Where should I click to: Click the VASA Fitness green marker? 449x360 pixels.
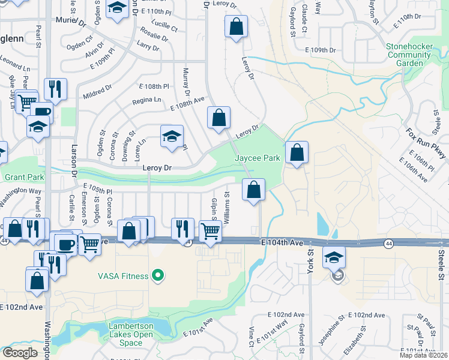(x=158, y=275)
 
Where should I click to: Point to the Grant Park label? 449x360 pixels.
(x=25, y=178)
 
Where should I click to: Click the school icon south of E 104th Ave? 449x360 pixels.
(x=335, y=259)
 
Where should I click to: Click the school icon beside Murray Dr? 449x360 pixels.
(x=172, y=136)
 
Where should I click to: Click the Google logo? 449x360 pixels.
(x=20, y=353)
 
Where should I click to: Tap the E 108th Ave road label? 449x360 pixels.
(x=187, y=104)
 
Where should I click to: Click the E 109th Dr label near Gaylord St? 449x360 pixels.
(x=322, y=49)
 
